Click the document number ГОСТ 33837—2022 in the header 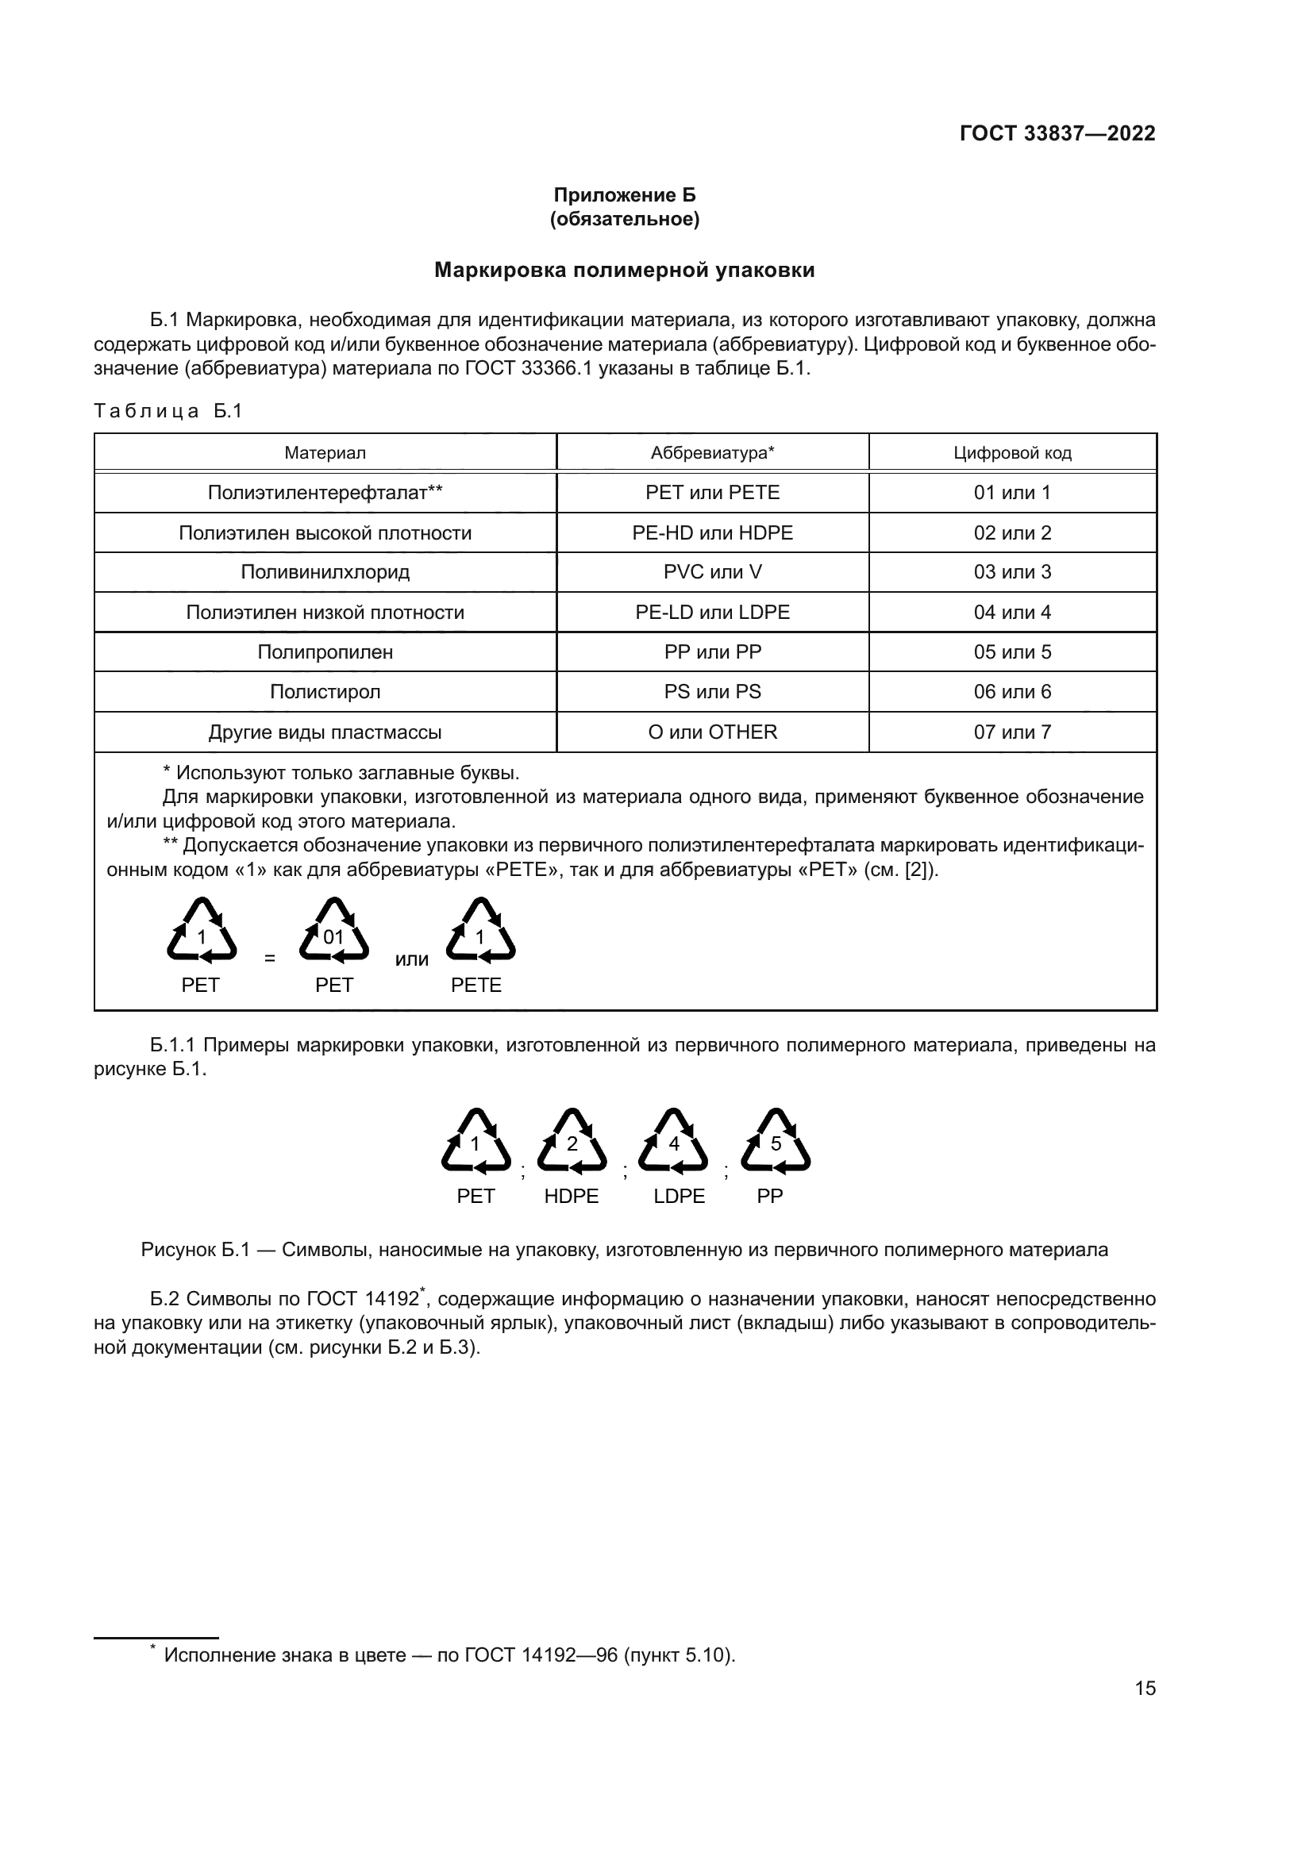(1057, 133)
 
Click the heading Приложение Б (624, 195)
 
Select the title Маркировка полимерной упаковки (624, 270)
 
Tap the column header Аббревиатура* (712, 452)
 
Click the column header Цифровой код (1012, 452)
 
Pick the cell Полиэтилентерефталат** (325, 492)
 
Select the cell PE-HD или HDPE (712, 532)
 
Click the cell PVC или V (712, 572)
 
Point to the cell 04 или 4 (1012, 612)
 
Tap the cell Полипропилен (325, 651)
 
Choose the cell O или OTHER (712, 732)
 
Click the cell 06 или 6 (1012, 691)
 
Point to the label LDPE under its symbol (680, 1196)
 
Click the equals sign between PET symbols (269, 959)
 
